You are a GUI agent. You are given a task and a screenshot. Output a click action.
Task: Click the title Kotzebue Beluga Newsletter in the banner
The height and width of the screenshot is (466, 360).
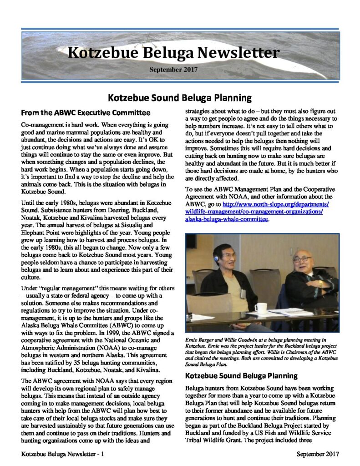click(173, 53)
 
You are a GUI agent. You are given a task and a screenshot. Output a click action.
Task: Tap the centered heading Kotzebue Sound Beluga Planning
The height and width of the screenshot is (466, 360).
click(180, 97)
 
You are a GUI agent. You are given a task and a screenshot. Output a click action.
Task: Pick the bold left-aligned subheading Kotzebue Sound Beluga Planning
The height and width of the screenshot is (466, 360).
click(241, 376)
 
